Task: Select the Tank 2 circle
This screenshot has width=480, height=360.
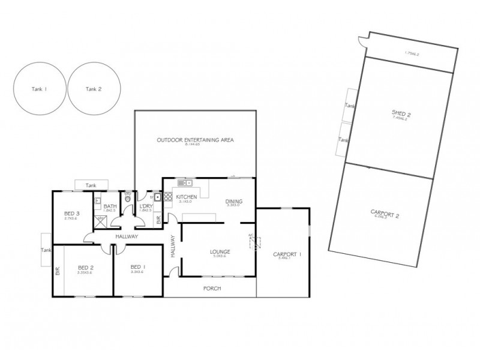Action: click(94, 89)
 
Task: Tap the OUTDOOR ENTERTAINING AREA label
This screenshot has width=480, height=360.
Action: click(195, 140)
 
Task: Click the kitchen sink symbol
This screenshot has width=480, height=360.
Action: click(184, 182)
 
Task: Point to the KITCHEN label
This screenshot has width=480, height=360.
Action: click(185, 196)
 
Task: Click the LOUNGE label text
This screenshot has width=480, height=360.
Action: click(220, 251)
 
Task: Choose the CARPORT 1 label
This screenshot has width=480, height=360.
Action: click(287, 254)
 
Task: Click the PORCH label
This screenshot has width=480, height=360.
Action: click(212, 289)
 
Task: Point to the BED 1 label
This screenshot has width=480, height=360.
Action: click(138, 267)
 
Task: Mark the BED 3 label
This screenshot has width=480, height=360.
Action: click(72, 214)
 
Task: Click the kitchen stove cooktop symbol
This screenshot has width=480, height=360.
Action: click(167, 196)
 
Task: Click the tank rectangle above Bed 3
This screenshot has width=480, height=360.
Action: click(91, 185)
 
